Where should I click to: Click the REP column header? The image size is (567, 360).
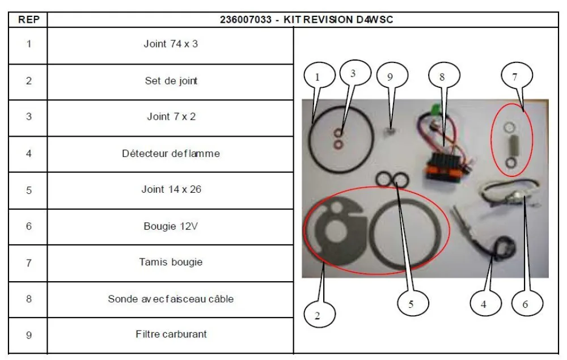click(x=28, y=19)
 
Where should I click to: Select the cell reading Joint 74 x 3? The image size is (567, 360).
click(x=171, y=44)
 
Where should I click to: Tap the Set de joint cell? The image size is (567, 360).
click(x=171, y=81)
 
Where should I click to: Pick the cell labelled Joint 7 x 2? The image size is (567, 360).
click(x=171, y=117)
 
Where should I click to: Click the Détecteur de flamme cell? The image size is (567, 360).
click(x=171, y=153)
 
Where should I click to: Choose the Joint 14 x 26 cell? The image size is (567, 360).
click(x=171, y=189)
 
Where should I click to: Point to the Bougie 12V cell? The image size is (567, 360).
click(x=171, y=226)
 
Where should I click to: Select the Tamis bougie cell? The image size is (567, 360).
click(x=171, y=262)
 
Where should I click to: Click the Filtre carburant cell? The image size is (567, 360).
click(x=171, y=334)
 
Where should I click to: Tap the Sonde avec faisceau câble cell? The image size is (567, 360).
click(x=171, y=299)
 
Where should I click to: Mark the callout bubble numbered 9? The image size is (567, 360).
click(x=390, y=78)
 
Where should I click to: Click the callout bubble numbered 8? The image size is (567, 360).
click(x=442, y=77)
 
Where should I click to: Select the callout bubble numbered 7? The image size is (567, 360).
click(x=515, y=78)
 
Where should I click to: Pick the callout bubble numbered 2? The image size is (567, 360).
click(x=317, y=316)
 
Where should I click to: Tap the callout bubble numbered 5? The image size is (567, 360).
click(x=411, y=304)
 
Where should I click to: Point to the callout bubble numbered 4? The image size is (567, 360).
click(x=483, y=304)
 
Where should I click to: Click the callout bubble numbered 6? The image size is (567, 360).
click(x=524, y=304)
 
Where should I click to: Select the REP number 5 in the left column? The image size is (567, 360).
click(x=28, y=189)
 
